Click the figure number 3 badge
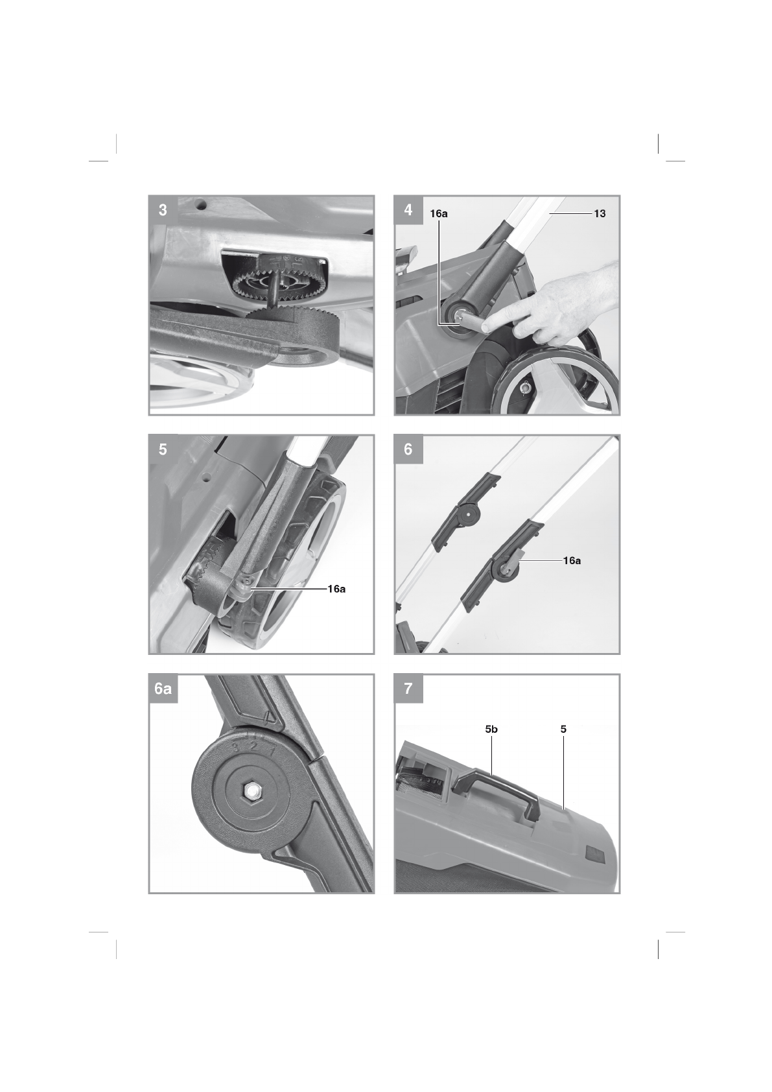coord(163,210)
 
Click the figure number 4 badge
coord(408,210)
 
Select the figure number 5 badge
coord(163,449)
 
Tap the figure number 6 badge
coord(408,449)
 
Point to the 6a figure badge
coord(163,689)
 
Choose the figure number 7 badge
coord(408,689)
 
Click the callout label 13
coord(600,213)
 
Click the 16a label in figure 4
coord(439,213)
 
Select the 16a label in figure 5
coord(336,589)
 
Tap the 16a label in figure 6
coord(572,561)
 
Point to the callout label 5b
coord(491,730)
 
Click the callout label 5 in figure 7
coord(563,730)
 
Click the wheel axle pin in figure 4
coord(526,387)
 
